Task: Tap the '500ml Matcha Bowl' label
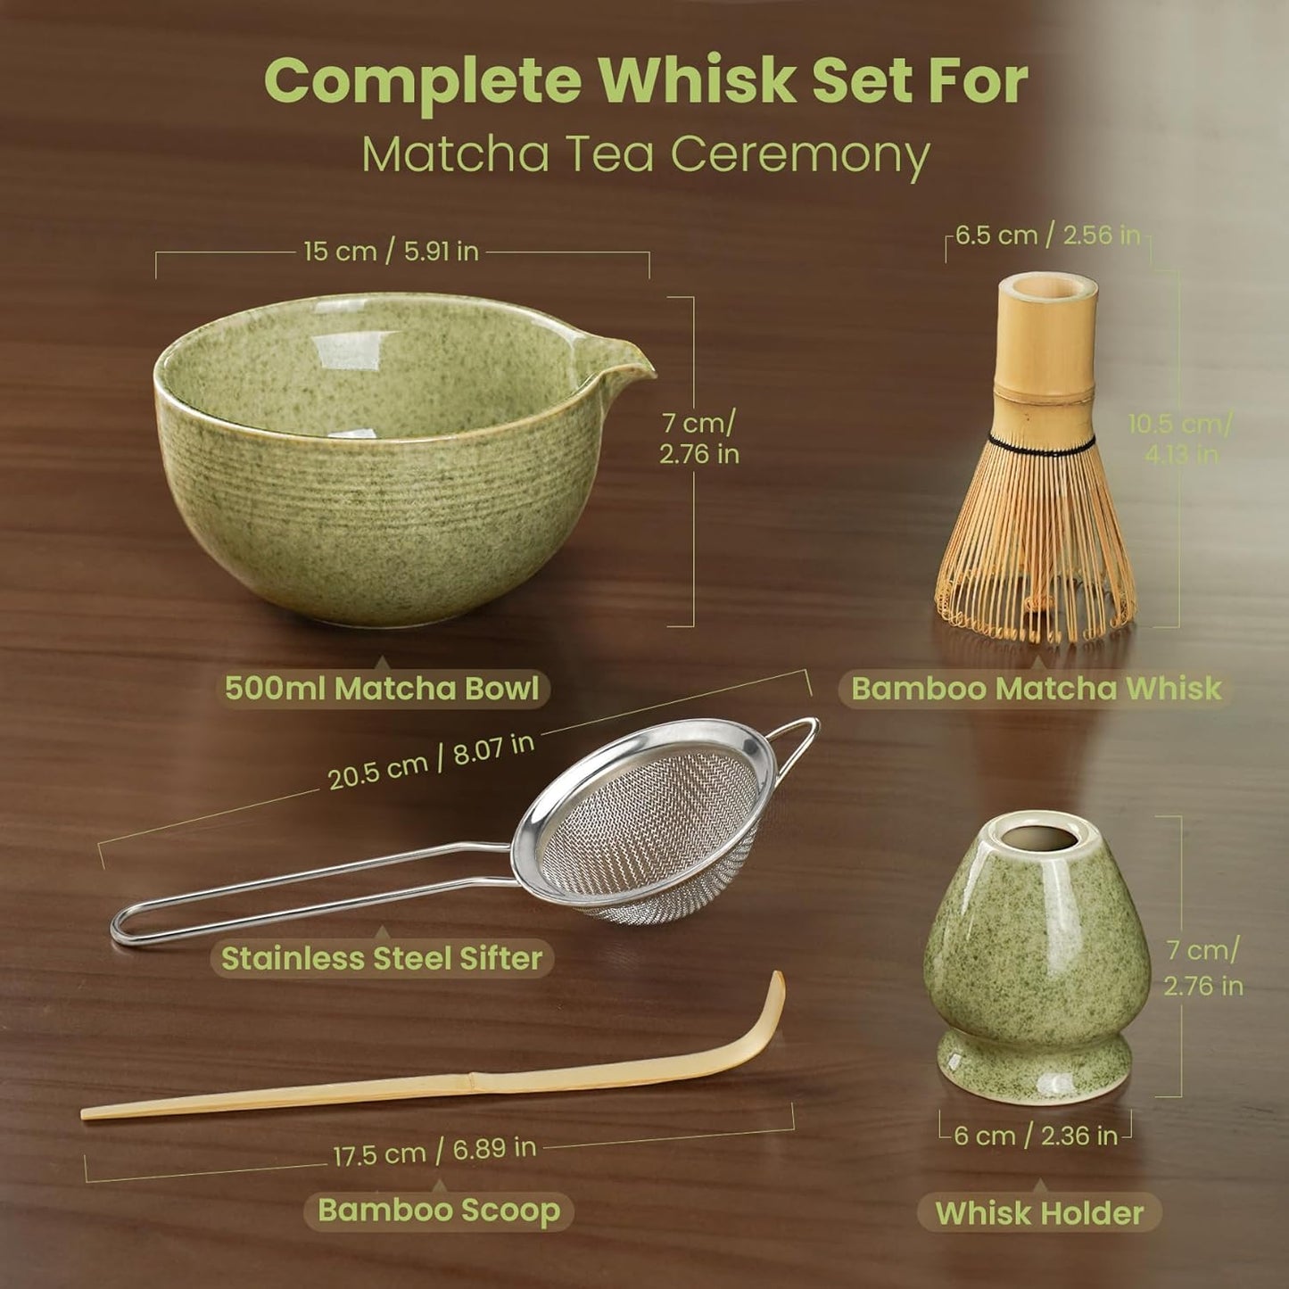[382, 689]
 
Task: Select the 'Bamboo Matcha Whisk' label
[1036, 689]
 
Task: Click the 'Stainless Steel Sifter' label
[382, 958]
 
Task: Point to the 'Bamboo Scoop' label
[439, 1211]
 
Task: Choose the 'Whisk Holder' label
[1039, 1213]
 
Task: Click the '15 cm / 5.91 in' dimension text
[391, 252]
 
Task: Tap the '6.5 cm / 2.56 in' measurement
[1047, 235]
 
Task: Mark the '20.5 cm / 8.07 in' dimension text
[431, 762]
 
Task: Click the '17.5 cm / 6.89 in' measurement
[434, 1152]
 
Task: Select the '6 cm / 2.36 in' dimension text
[1035, 1136]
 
